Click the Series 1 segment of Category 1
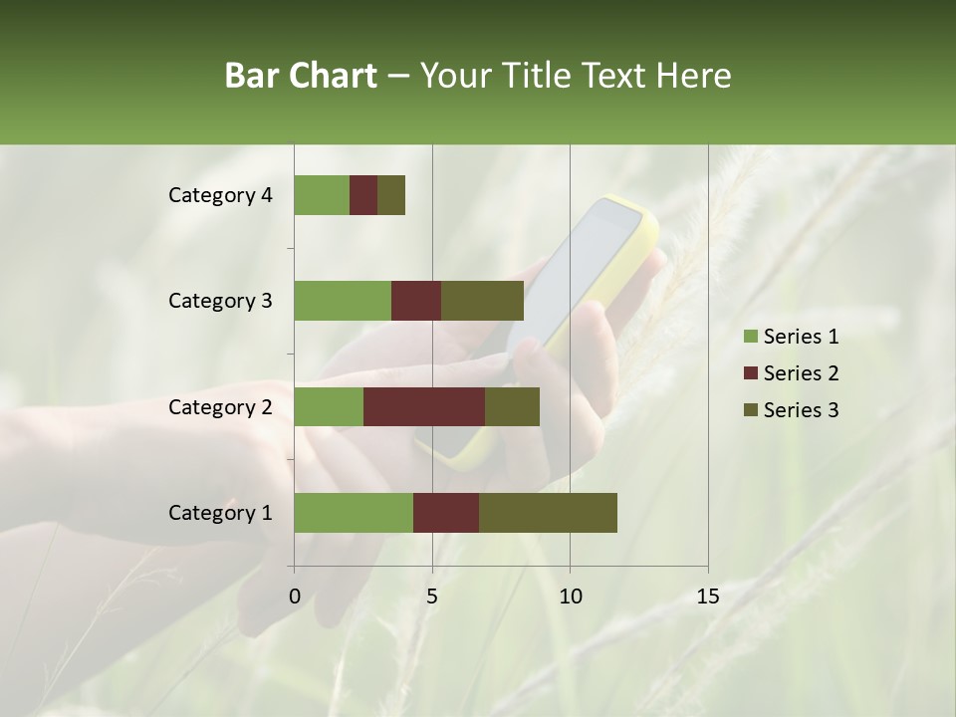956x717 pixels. [x=354, y=513]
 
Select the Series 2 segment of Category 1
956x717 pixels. [x=446, y=513]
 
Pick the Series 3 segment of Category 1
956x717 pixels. [x=548, y=513]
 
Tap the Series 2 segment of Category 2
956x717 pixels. [x=424, y=406]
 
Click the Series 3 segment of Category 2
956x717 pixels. [x=512, y=406]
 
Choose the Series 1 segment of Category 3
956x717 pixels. [x=343, y=301]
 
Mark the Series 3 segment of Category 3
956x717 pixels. [x=482, y=301]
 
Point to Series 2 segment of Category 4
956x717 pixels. [x=363, y=195]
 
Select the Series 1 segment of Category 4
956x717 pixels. [x=322, y=195]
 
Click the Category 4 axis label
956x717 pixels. [x=220, y=195]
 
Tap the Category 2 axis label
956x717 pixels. [x=220, y=406]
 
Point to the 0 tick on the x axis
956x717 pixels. [x=295, y=597]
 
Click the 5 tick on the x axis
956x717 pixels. [x=432, y=597]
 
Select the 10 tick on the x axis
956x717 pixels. [x=570, y=597]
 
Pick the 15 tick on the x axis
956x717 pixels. [x=707, y=597]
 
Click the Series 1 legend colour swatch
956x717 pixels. [x=750, y=337]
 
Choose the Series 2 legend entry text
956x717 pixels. [x=801, y=373]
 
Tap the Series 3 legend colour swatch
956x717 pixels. [x=750, y=410]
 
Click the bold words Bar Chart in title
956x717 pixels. [x=301, y=76]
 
